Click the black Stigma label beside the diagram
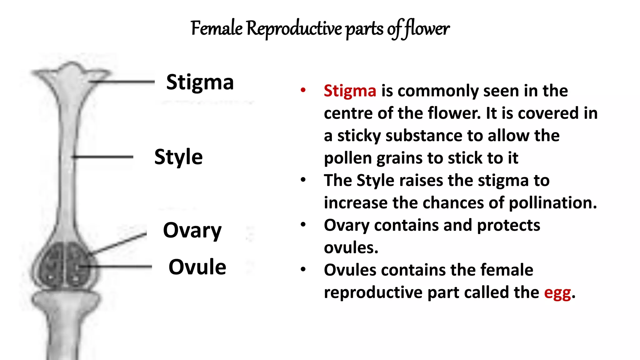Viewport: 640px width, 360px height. pos(200,82)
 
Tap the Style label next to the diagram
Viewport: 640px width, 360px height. pos(178,157)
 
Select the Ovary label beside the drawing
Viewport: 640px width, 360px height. pos(192,231)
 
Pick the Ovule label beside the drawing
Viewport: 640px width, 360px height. pos(197,267)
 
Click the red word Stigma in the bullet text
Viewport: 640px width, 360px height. pos(350,91)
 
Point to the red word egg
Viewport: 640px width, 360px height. pos(557,293)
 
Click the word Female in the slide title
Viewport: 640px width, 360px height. pos(217,28)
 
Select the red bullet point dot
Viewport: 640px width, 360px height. pos(303,90)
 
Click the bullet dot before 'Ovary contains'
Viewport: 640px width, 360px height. pos(303,225)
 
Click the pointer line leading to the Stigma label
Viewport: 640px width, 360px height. pos(125,82)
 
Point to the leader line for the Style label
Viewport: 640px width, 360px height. pos(103,157)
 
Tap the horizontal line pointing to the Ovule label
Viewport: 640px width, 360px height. pos(119,267)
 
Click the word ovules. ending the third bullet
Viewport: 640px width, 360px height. pos(351,248)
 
